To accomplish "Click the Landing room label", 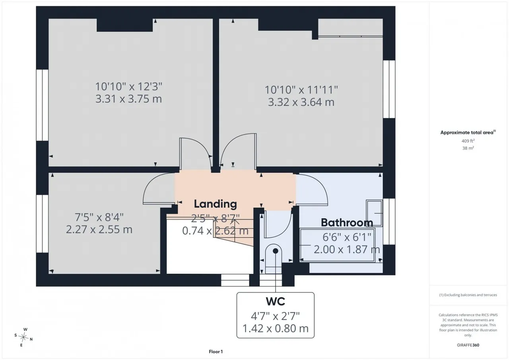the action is click(215, 204).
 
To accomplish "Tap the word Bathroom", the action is click(347, 222).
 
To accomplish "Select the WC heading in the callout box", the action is click(276, 302).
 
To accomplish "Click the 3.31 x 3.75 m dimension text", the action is click(128, 99).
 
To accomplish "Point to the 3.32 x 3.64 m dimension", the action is click(301, 102).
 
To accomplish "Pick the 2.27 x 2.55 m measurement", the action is click(99, 229).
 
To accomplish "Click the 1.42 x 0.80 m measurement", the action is click(276, 328).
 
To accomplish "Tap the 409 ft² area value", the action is click(468, 141).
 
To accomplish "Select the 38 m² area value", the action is click(468, 148).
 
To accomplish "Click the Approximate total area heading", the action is click(468, 132).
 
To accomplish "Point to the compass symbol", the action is click(23, 337).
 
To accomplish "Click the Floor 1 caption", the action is click(216, 352).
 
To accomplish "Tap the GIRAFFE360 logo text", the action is click(468, 345).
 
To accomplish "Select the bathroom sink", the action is click(374, 213).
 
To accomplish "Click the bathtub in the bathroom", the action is click(337, 245).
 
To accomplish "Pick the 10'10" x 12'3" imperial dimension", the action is click(128, 87).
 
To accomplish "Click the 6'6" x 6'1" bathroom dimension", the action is click(347, 237).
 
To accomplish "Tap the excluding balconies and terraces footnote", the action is click(468, 295).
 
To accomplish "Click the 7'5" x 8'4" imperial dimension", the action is click(99, 217).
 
